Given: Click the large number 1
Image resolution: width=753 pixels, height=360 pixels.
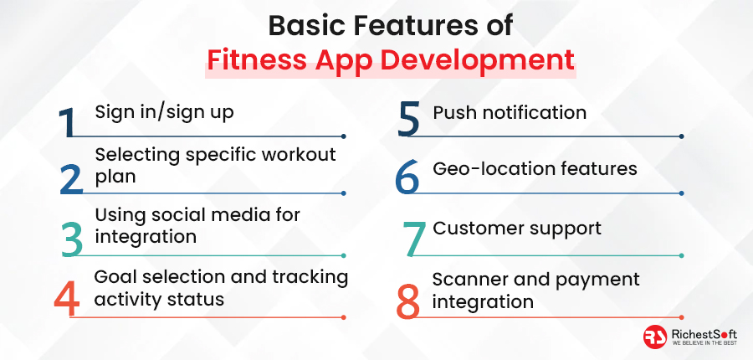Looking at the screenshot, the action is tap(67, 122).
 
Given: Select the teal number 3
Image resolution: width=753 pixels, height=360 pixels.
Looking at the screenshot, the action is tap(72, 239).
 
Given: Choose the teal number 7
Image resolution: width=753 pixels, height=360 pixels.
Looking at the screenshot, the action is tap(414, 239).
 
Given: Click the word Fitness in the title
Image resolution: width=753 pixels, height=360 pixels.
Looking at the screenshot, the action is tap(257, 60).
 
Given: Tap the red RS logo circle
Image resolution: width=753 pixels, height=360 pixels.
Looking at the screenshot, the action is tap(655, 337).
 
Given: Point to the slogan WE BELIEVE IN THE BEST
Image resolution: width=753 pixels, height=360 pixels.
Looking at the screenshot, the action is tap(704, 343).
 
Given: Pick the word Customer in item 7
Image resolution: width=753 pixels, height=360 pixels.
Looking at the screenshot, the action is tap(474, 228).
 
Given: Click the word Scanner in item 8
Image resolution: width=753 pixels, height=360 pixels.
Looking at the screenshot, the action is tap(469, 280).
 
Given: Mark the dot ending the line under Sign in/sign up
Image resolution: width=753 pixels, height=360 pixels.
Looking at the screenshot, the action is tap(344, 136).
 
